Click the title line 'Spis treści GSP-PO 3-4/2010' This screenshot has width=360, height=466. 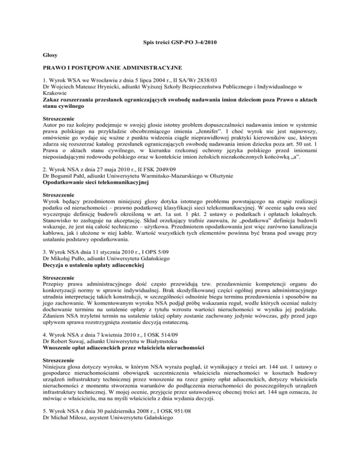180,44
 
